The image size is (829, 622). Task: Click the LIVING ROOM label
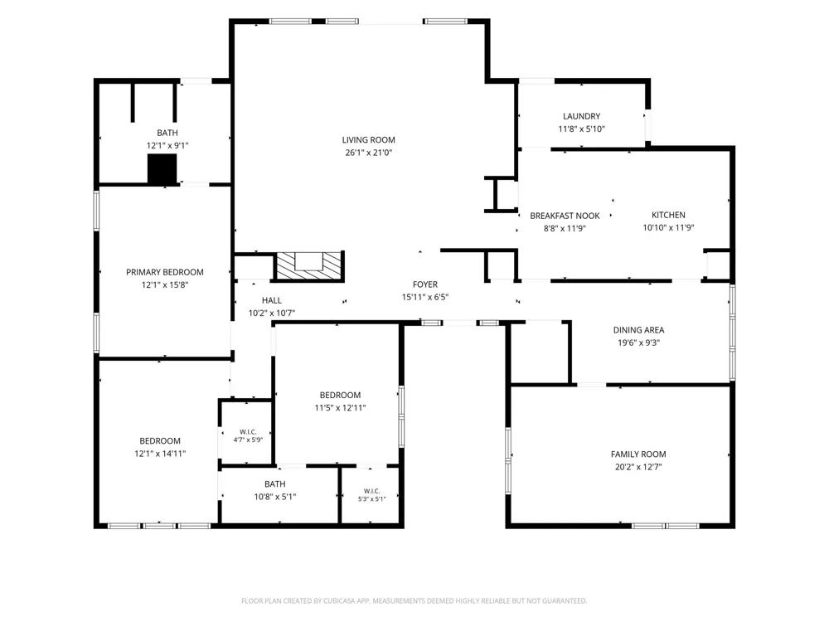click(x=369, y=139)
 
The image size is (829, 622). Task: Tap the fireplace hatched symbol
click(x=309, y=265)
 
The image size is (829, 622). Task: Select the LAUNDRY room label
click(x=582, y=116)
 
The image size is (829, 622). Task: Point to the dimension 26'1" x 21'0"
click(x=369, y=153)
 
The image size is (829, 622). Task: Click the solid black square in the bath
click(x=162, y=169)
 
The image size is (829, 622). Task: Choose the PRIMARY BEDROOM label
click(x=164, y=272)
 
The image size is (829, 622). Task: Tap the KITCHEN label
click(x=668, y=215)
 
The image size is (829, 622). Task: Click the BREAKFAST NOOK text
click(x=565, y=216)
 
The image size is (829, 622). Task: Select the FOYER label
click(x=425, y=284)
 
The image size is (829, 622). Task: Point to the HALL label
click(x=272, y=300)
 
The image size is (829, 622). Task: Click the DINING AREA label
click(x=638, y=330)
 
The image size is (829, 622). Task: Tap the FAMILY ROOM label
click(x=638, y=454)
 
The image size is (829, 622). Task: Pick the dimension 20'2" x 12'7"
click(x=638, y=467)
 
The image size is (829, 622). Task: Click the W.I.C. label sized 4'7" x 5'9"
click(x=248, y=432)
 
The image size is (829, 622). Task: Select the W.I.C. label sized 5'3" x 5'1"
click(x=371, y=491)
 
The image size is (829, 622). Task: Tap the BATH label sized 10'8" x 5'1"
click(x=275, y=484)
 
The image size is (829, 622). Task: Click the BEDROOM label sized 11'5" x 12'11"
click(x=340, y=395)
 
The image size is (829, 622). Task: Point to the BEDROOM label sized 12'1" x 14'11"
click(x=160, y=441)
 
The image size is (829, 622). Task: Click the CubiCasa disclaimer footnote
click(x=414, y=600)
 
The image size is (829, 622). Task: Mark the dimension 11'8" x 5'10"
click(x=582, y=129)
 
